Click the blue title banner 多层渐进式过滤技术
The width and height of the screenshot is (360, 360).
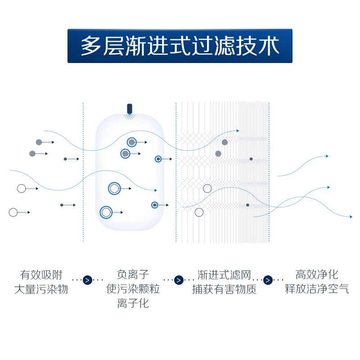[x=180, y=46]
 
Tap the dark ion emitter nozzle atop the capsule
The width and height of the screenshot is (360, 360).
[x=130, y=109]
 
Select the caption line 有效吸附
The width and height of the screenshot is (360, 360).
[x=41, y=275]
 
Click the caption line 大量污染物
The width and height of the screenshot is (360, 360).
[x=41, y=289]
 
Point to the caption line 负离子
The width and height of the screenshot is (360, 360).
[x=133, y=274]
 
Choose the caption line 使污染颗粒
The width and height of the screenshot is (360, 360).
[x=133, y=289]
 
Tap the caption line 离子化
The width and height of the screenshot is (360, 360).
[x=133, y=303]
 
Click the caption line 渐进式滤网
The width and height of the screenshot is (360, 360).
[x=224, y=275]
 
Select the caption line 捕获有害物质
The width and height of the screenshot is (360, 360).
[x=224, y=289]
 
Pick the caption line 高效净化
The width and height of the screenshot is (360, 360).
[x=317, y=274]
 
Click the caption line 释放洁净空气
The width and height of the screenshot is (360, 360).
[x=317, y=289]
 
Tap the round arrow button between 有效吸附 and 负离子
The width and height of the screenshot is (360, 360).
[x=87, y=280]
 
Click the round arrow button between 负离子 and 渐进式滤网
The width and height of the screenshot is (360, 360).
[x=179, y=280]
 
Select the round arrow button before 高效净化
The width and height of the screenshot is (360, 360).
[x=268, y=280]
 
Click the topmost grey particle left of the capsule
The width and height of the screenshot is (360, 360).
[x=39, y=142]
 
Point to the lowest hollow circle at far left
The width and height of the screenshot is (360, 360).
[x=13, y=212]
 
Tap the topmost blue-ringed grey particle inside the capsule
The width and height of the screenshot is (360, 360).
[x=131, y=142]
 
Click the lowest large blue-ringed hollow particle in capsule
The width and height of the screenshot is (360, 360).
[x=106, y=212]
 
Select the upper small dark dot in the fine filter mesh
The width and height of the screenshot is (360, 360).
[x=251, y=159]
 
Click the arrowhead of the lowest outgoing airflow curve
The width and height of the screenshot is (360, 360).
[x=351, y=217]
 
